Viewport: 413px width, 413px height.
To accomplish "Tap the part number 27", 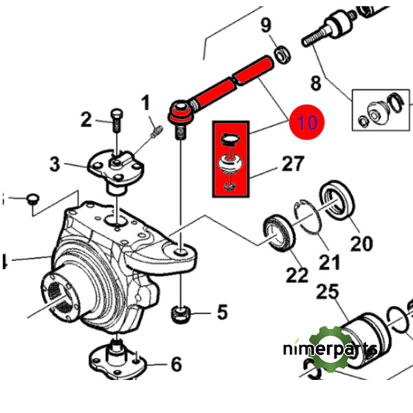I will (x=293, y=165).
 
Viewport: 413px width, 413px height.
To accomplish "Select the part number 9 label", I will (x=266, y=27).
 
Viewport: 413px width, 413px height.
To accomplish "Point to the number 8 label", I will (x=316, y=84).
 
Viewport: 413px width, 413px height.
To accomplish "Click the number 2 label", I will (x=86, y=120).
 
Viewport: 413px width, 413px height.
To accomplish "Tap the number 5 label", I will (x=222, y=313).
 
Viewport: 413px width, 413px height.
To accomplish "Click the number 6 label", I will (x=176, y=363).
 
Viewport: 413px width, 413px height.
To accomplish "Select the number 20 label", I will (x=361, y=243).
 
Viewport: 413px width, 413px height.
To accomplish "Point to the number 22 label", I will (x=297, y=275).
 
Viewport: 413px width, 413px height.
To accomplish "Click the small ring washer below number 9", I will (x=281, y=53).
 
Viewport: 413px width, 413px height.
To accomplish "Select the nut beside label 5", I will (x=180, y=316).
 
